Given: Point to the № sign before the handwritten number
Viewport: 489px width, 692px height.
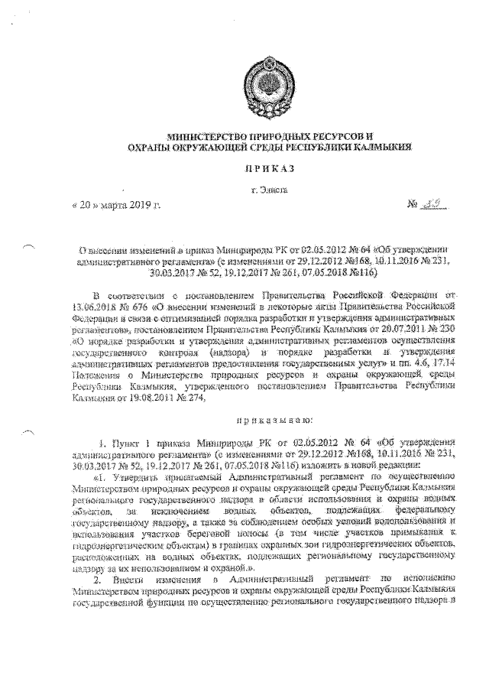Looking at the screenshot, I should pos(416,204).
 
